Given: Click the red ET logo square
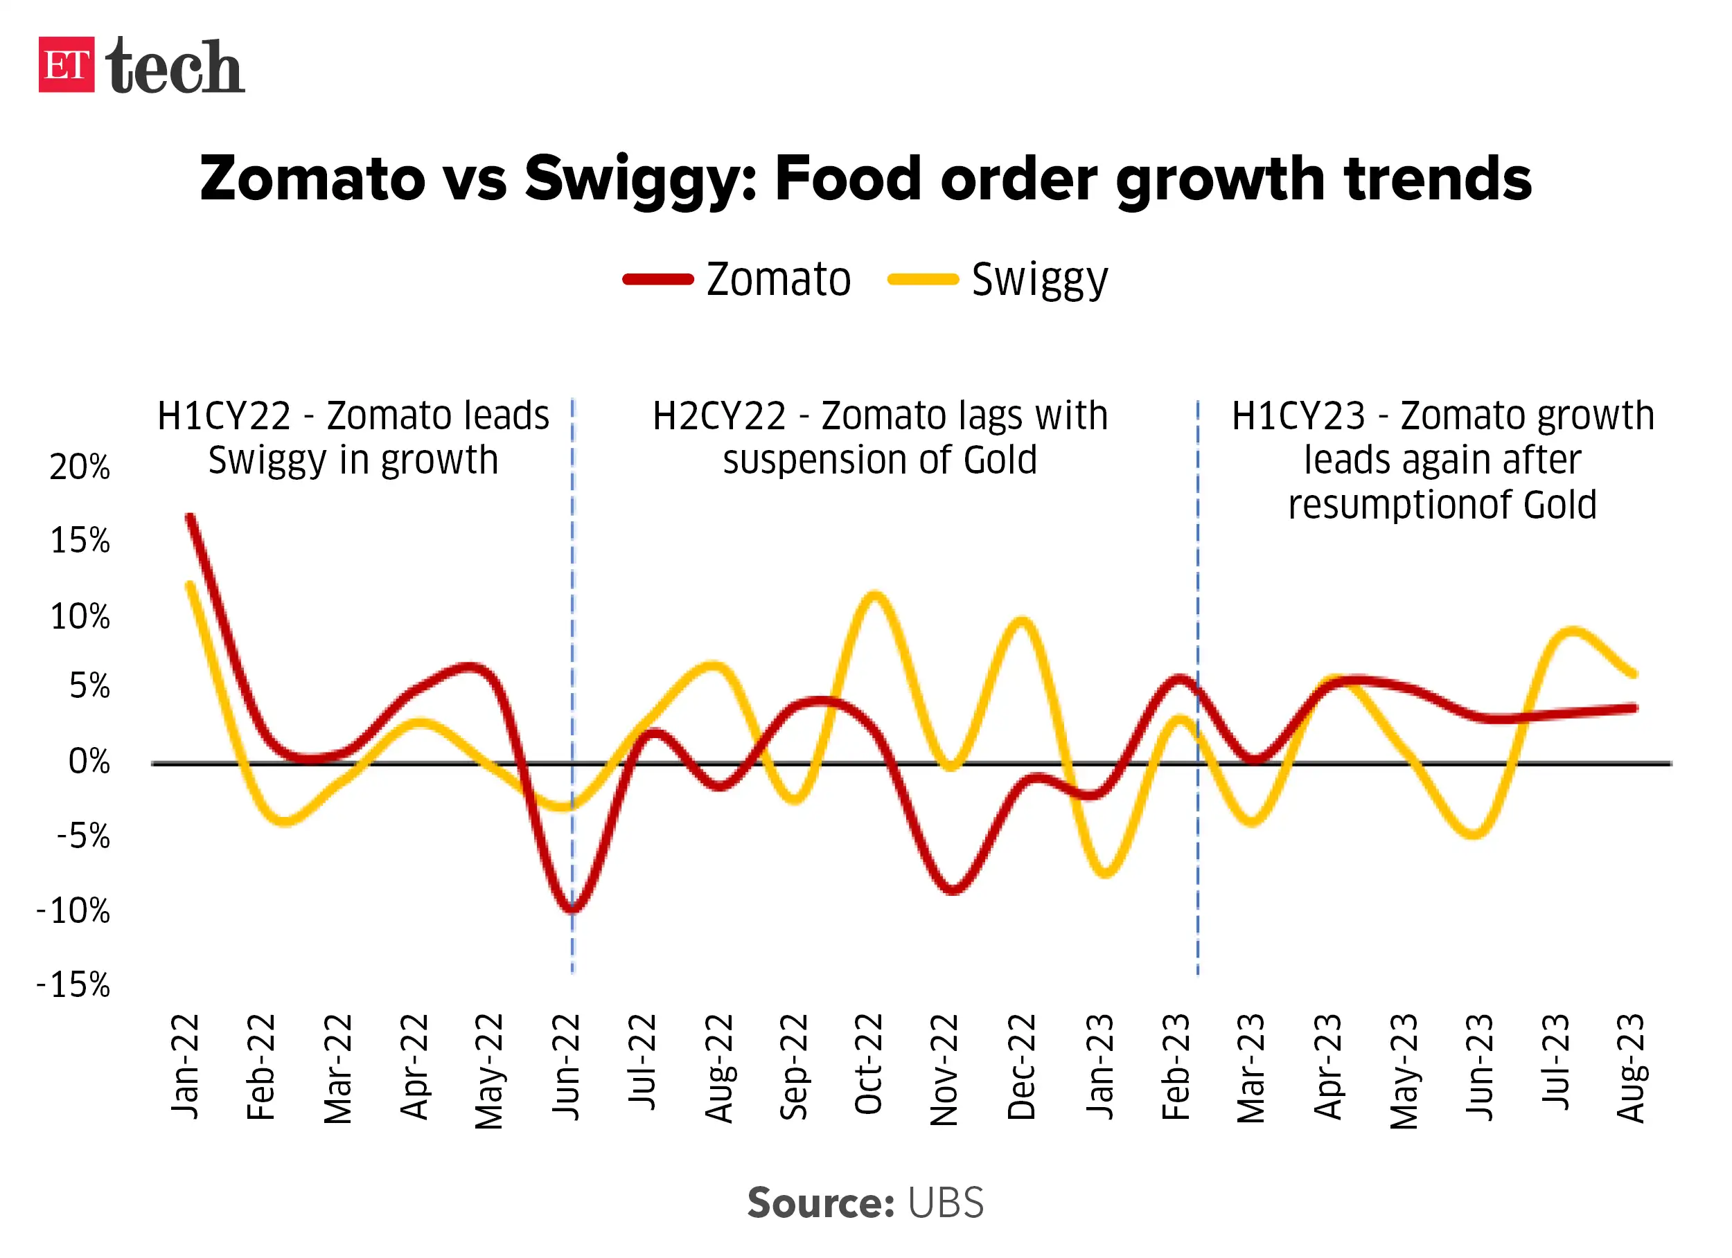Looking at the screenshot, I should click(x=67, y=64).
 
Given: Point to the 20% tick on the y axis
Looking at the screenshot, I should click(x=80, y=467).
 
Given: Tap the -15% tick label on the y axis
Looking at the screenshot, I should click(x=73, y=985).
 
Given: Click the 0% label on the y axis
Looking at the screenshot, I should click(x=89, y=762).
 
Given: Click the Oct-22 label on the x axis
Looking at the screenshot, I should click(x=869, y=1064).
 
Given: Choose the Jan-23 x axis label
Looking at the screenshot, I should click(x=1100, y=1066).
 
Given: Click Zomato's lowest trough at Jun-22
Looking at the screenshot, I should click(x=573, y=909).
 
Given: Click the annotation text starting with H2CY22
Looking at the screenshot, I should click(x=880, y=438).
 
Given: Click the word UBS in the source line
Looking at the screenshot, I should click(x=946, y=1203).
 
